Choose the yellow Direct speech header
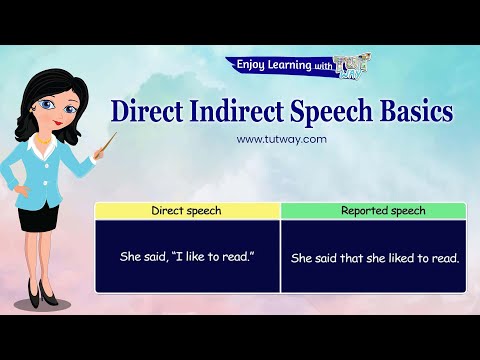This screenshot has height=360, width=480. tap(186, 211)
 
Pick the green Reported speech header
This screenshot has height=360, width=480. tap(373, 211)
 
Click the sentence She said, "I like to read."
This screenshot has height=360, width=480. tap(187, 257)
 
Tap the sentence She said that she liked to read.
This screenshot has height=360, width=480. tap(374, 258)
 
